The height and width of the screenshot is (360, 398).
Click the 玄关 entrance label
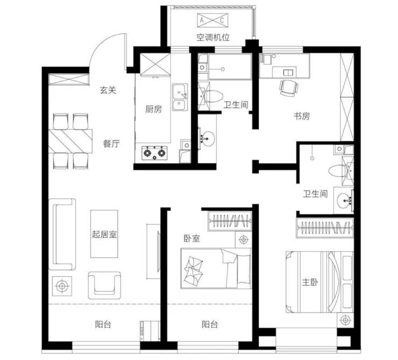tap(108, 90)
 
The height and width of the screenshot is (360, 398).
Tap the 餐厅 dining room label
tap(111, 144)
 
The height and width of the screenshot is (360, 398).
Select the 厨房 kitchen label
tap(153, 109)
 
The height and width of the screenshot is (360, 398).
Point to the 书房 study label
tap(302, 116)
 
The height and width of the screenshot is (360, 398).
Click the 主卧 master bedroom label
tap(310, 282)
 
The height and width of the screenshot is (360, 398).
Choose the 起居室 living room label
tap(104, 234)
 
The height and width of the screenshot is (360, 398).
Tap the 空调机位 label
tap(213, 38)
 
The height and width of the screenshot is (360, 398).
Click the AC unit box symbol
tap(212, 20)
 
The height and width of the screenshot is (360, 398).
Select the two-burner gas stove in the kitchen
tap(154, 153)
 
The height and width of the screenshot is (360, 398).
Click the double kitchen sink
tap(180, 97)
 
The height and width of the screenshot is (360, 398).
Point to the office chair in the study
tap(289, 88)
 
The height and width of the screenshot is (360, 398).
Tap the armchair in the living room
tap(104, 285)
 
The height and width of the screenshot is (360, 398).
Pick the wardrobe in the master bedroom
tap(325, 227)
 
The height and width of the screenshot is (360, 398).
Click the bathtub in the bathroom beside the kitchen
tap(230, 67)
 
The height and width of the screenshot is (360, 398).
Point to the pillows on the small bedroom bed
tap(194, 270)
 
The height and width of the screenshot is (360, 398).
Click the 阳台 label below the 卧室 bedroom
tap(210, 324)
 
